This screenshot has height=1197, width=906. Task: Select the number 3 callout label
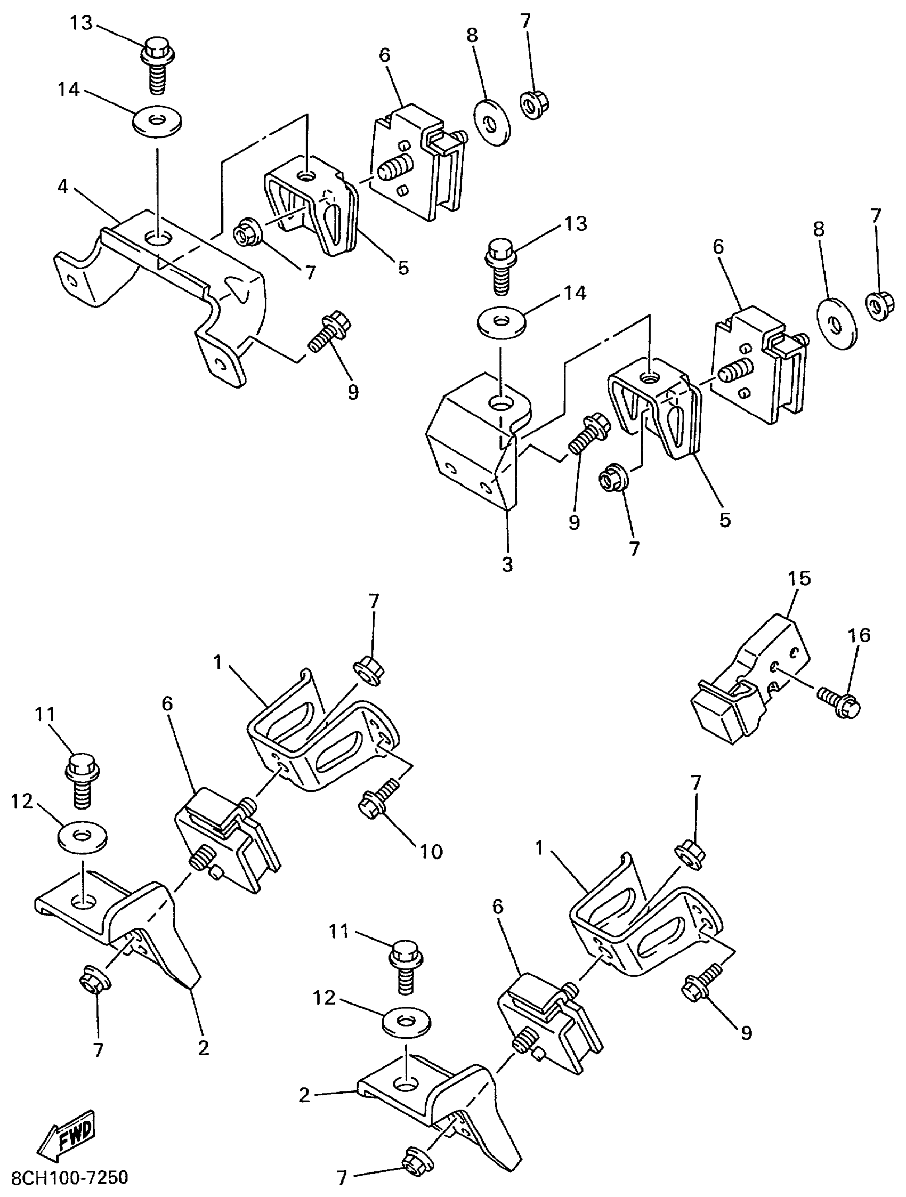click(x=507, y=564)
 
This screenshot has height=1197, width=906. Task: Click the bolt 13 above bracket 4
click(x=159, y=68)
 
